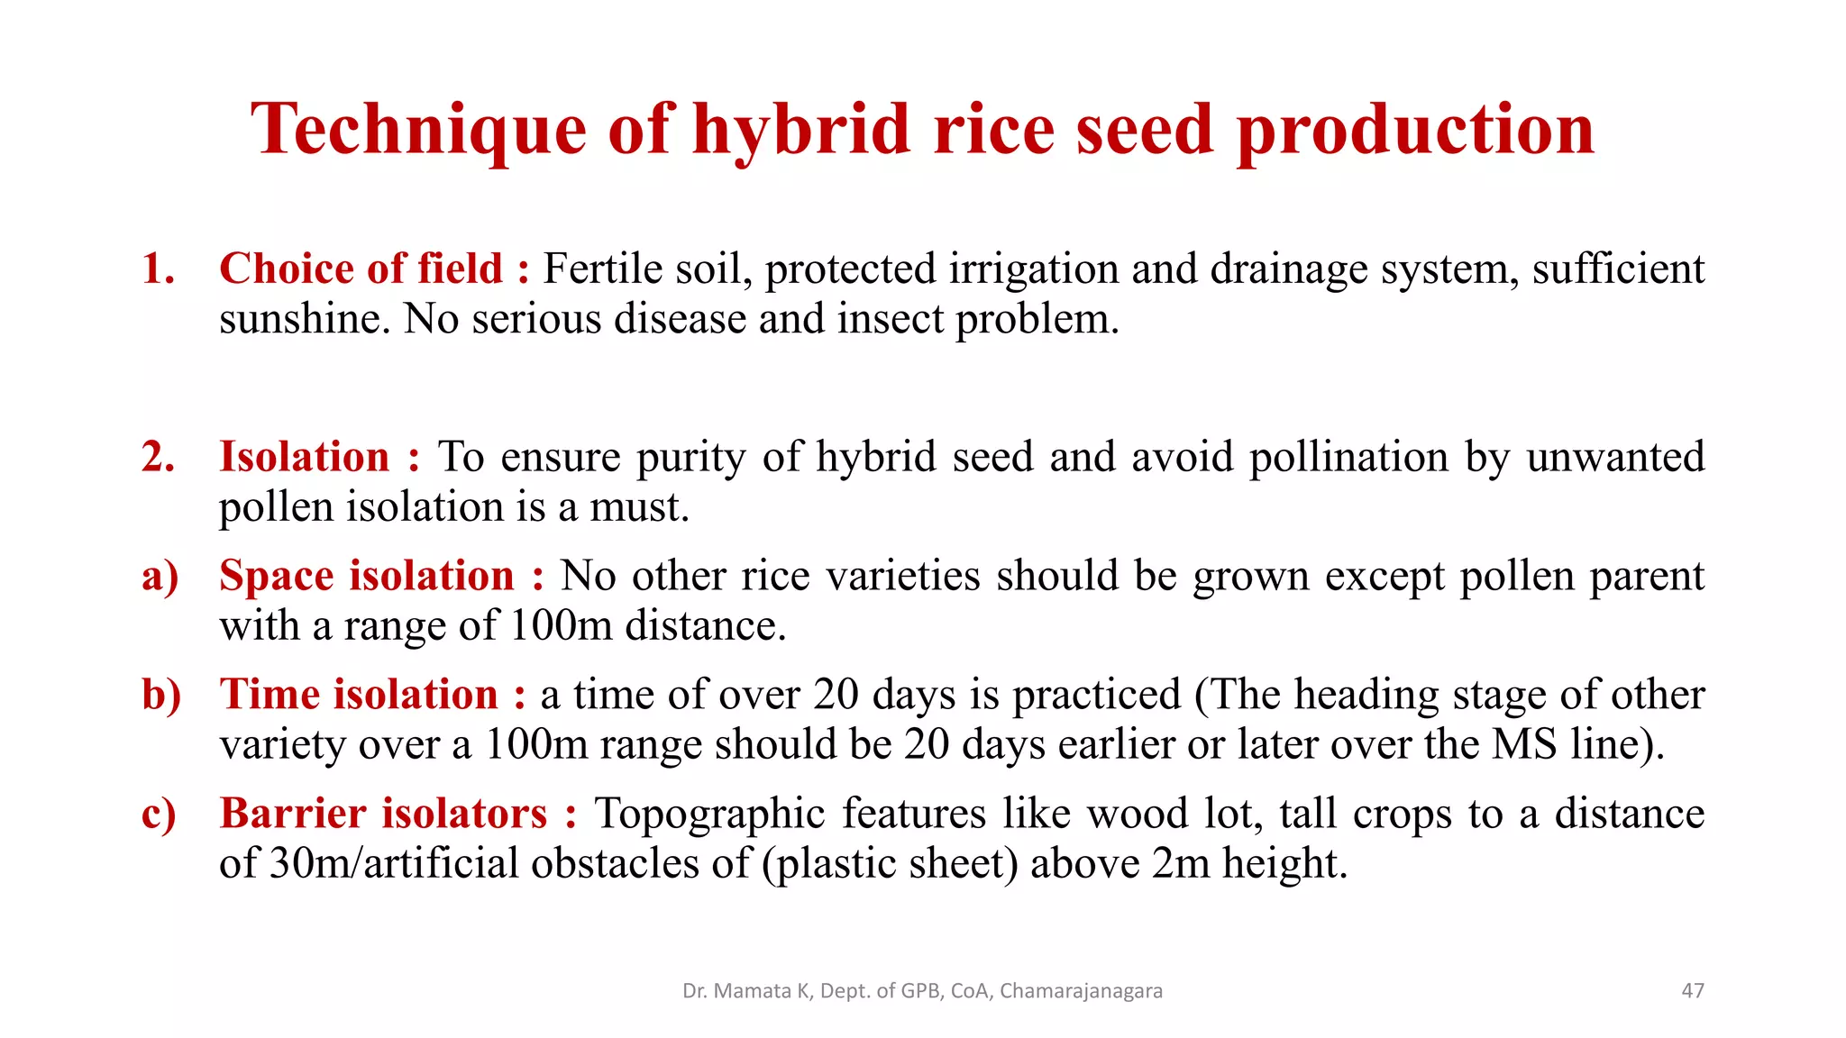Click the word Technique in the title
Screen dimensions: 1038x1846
(x=418, y=131)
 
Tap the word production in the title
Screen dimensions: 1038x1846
(x=1415, y=131)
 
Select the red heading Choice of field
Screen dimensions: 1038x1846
(x=361, y=269)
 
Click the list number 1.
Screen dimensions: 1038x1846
(x=158, y=269)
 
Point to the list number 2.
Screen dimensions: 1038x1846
(x=158, y=457)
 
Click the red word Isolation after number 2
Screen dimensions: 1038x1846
(x=305, y=457)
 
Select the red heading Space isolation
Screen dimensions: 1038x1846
(x=367, y=576)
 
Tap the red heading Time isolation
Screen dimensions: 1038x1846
(x=359, y=695)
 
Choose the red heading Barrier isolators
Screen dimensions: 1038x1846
(x=383, y=814)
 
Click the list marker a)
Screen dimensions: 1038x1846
(x=160, y=577)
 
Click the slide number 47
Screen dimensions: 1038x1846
(x=1693, y=991)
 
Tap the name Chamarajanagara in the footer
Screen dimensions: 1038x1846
(x=1081, y=991)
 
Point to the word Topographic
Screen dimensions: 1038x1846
(x=709, y=814)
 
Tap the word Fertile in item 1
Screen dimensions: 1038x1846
(x=603, y=269)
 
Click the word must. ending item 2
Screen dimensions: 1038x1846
(x=639, y=507)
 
